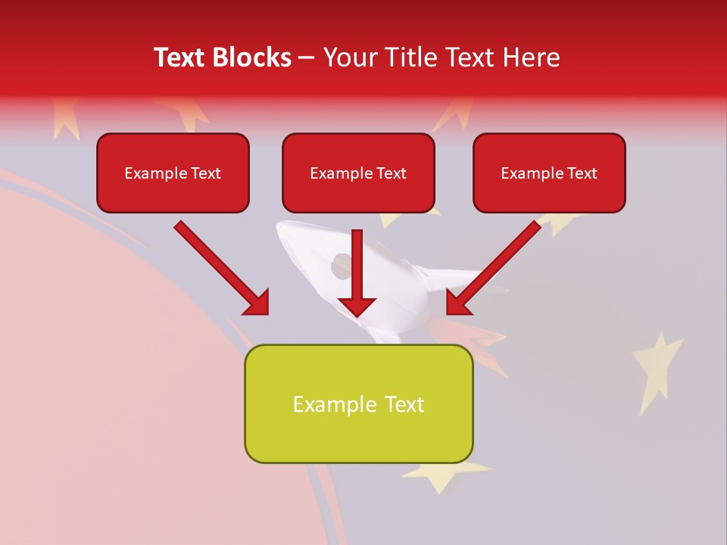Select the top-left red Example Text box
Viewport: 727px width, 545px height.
click(x=173, y=173)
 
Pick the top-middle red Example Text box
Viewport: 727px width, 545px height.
click(x=358, y=173)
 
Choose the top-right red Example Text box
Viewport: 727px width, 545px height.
click(x=549, y=173)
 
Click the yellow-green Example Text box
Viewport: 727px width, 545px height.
click(x=358, y=403)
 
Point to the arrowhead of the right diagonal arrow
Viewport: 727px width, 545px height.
click(x=458, y=303)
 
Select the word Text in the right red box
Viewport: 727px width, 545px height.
click(x=582, y=173)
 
